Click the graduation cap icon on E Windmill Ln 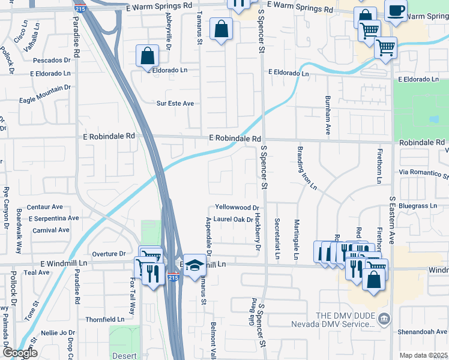click(x=194, y=265)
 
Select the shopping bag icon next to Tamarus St click(x=221, y=29)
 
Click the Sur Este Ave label click(x=175, y=103)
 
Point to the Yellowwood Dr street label click(x=237, y=207)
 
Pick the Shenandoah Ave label click(x=422, y=331)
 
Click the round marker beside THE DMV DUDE click(x=386, y=317)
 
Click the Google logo click(x=19, y=353)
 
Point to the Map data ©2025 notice click(x=423, y=355)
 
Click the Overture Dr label click(x=109, y=254)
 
